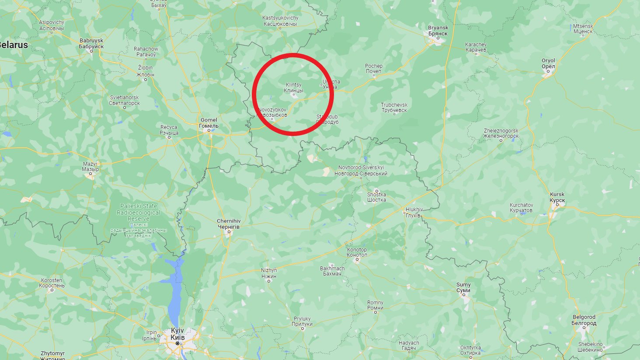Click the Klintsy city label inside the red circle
tap(293, 88)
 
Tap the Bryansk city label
tap(438, 31)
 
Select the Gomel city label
tap(209, 123)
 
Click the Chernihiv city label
tap(229, 224)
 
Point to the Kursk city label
tap(557, 197)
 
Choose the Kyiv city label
tap(177, 334)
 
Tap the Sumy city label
tap(463, 287)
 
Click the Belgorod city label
tap(584, 320)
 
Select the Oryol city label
tap(548, 64)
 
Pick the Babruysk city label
tap(91, 43)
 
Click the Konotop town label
tap(357, 252)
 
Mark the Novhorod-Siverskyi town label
tap(361, 171)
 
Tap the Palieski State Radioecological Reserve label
tap(139, 213)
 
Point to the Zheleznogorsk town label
tap(501, 133)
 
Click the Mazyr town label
tap(90, 167)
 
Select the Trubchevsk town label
tap(394, 108)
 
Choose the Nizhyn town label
tap(269, 273)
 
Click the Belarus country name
tap(13, 45)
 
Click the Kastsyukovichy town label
tap(280, 21)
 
